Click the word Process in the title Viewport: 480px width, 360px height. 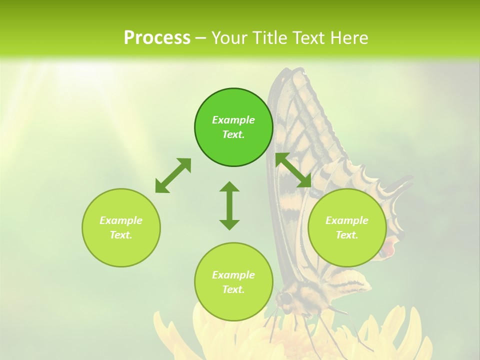click(157, 37)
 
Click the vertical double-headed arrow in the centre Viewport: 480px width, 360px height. click(229, 205)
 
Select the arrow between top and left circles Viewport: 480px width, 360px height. click(173, 175)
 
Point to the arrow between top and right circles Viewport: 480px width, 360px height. click(293, 170)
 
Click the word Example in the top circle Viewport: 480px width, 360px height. click(233, 120)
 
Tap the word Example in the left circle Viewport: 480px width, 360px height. click(121, 220)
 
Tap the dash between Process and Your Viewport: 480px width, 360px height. click(200, 38)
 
